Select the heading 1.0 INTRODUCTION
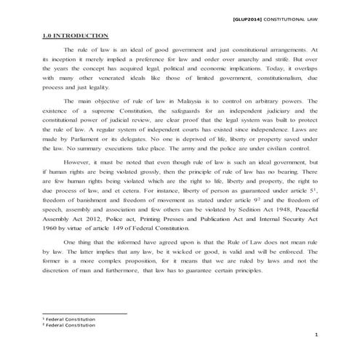(75, 35)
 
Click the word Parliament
(79, 137)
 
